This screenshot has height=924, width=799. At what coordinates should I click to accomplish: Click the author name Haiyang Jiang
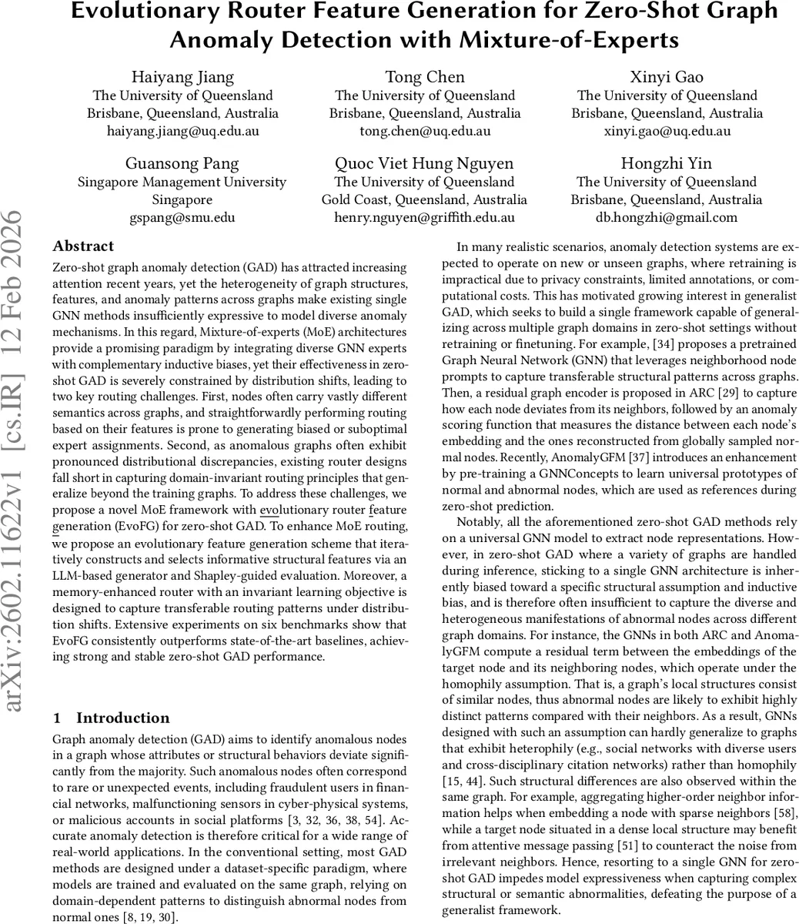[182, 76]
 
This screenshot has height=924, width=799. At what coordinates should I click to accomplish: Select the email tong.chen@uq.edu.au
[424, 131]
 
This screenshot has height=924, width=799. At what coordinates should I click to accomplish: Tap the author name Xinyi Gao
[667, 76]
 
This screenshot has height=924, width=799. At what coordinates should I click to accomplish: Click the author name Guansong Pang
[182, 163]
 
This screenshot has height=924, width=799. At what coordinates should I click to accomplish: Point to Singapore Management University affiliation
[182, 182]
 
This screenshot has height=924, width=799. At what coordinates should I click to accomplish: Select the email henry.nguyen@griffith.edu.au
[424, 217]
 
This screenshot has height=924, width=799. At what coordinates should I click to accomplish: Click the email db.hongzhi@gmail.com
[667, 217]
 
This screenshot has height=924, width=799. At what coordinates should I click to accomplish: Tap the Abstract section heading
[83, 246]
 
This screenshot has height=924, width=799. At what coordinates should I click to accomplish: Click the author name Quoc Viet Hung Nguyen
[424, 163]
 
